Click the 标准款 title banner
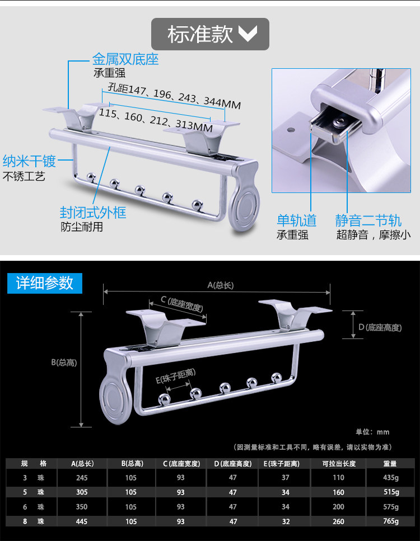[x=210, y=34]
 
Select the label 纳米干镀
[x=29, y=162]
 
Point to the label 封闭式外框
[x=93, y=213]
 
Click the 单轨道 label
[x=296, y=220]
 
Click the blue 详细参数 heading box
[x=45, y=283]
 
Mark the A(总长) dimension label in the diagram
[x=221, y=285]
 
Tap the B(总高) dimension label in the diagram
[x=64, y=362]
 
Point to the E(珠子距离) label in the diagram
[x=175, y=379]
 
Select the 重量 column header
[x=390, y=463]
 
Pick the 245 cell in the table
[x=82, y=478]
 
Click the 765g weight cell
[x=390, y=521]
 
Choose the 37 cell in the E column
[x=286, y=478]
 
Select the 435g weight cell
[x=390, y=478]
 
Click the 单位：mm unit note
[x=372, y=432]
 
